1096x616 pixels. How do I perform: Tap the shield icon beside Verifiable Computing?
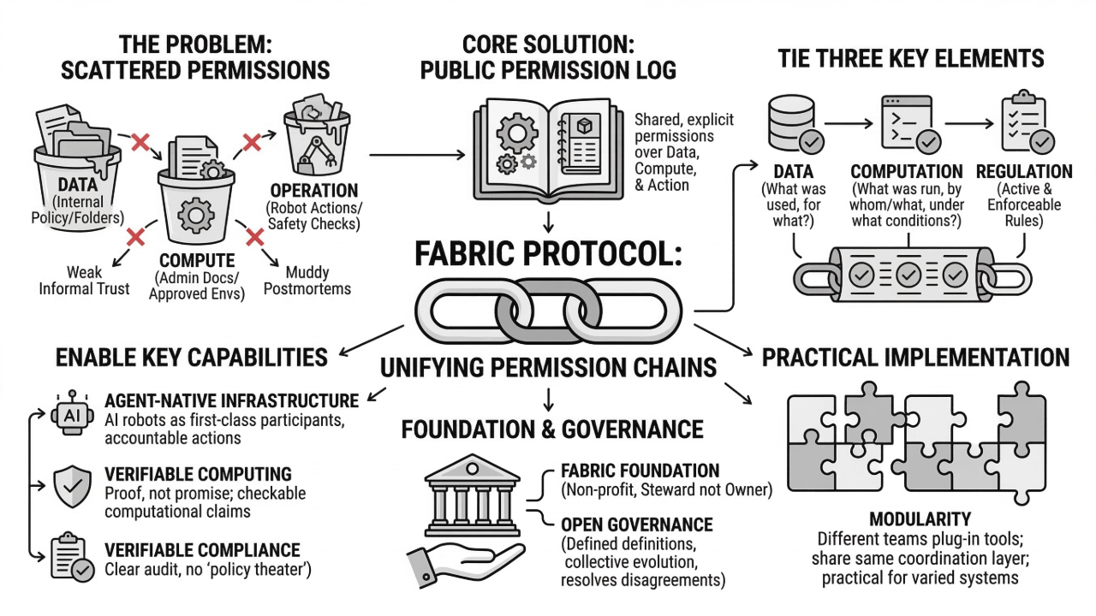click(71, 487)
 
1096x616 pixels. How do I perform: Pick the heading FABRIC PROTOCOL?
click(547, 255)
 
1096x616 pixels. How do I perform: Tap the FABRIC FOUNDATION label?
click(640, 471)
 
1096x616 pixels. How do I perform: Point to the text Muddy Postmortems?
click(307, 281)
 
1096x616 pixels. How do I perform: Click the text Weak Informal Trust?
click(84, 281)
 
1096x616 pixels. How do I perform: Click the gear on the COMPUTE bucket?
click(196, 214)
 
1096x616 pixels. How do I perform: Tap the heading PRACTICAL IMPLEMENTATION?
click(915, 357)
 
